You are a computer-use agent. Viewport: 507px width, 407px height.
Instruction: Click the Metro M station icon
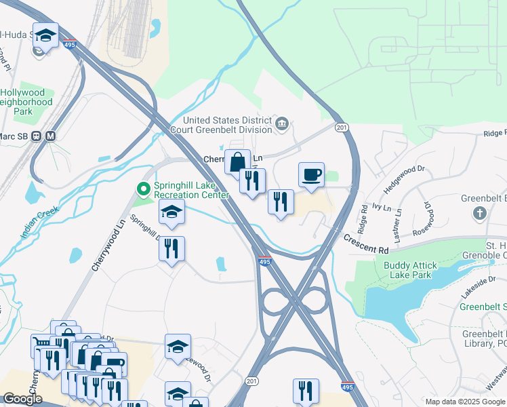coord(51,135)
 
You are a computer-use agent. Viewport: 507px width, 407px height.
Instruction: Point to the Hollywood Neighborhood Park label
coord(24,102)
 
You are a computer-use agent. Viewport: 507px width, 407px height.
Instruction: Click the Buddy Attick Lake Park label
coord(417,271)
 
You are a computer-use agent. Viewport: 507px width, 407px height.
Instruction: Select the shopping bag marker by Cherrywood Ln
coord(237,163)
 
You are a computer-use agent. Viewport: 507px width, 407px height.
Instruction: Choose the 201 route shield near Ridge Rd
coord(341,128)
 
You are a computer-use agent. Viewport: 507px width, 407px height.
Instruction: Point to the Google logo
coord(22,399)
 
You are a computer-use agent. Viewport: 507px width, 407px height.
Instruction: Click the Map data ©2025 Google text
coord(464,402)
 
